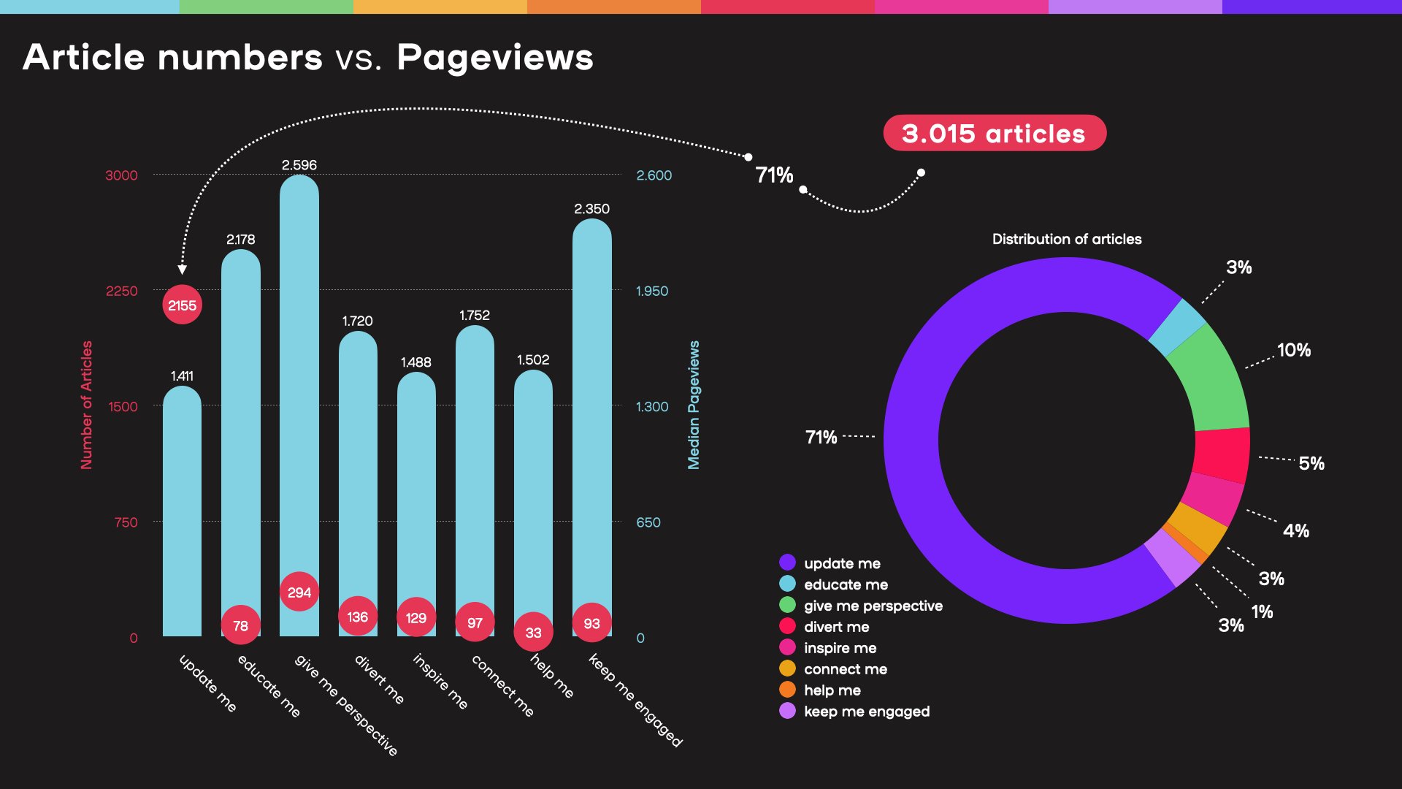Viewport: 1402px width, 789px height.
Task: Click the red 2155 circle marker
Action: [x=182, y=305]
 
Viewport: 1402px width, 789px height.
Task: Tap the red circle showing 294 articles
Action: [x=299, y=592]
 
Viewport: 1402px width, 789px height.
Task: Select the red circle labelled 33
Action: [x=533, y=633]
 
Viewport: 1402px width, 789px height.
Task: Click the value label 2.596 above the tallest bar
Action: [x=299, y=165]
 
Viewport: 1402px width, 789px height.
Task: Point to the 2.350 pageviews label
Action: [x=591, y=209]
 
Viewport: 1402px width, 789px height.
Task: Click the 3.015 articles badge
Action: [x=994, y=134]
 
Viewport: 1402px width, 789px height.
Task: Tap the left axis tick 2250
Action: [x=121, y=291]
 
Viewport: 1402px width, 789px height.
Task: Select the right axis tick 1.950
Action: [x=651, y=291]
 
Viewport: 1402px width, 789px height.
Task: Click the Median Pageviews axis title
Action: [x=694, y=405]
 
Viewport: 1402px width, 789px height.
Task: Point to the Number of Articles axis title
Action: [x=87, y=405]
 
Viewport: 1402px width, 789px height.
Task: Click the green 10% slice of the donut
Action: [x=1208, y=380]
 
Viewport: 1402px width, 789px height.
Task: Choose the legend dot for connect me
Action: [x=787, y=668]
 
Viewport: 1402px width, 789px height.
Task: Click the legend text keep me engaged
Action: [x=867, y=712]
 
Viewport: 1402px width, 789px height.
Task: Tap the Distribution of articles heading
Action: [x=1066, y=239]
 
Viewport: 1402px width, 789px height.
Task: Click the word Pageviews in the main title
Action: [x=495, y=57]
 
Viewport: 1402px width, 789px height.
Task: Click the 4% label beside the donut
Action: [x=1296, y=531]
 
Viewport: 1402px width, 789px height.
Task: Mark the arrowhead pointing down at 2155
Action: [x=183, y=270]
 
